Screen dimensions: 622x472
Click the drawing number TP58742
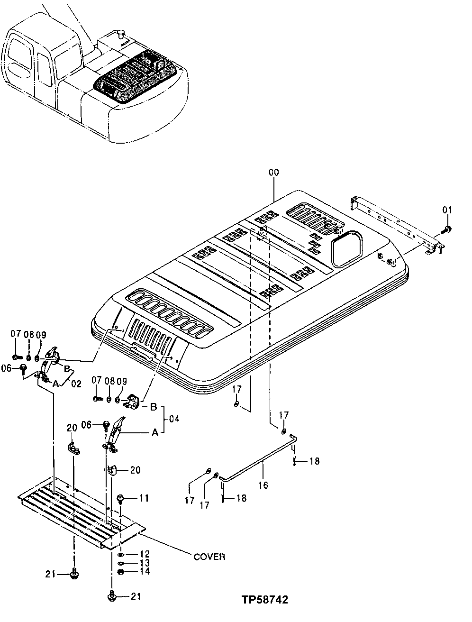pos(264,600)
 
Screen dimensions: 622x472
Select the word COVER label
pos(209,557)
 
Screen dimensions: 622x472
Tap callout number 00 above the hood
pos(274,174)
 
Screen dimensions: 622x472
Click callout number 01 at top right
pos(447,210)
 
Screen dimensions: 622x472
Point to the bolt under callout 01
pos(447,229)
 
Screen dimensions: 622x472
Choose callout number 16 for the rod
pos(263,485)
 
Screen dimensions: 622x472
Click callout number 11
pos(144,498)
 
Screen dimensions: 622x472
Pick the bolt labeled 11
pos(121,499)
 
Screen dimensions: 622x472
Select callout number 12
pos(144,554)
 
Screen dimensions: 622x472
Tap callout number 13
pos(144,563)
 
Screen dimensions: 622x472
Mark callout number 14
pos(144,571)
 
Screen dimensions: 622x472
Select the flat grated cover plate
pos(81,514)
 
